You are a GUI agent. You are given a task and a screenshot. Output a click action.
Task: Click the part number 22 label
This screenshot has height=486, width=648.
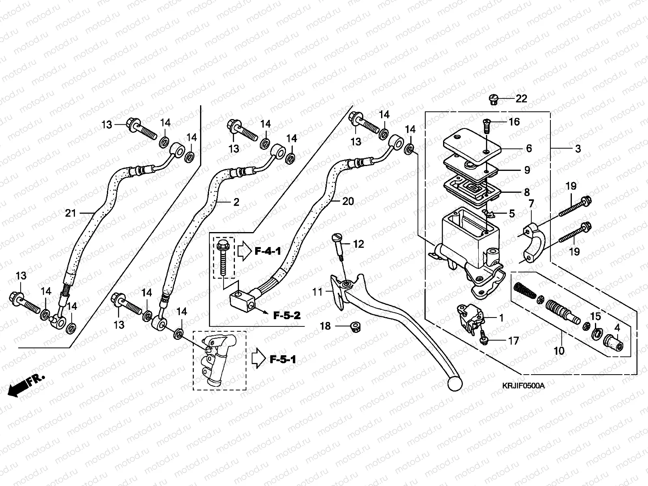[521, 98]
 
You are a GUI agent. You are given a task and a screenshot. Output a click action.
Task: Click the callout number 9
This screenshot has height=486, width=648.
[527, 171]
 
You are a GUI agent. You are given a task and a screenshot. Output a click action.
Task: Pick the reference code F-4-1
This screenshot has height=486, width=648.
[268, 252]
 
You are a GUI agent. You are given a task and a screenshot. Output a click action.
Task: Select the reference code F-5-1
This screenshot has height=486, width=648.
[283, 359]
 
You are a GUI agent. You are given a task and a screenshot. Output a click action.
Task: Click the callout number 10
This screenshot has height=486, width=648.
[559, 350]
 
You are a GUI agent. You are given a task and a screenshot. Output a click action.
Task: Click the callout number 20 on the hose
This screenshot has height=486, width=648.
[348, 201]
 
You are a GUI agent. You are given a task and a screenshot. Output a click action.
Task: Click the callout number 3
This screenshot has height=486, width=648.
[578, 149]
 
